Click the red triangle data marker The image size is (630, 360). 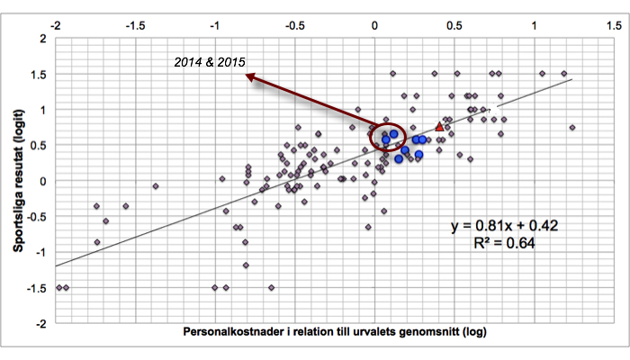pyautogui.click(x=439, y=128)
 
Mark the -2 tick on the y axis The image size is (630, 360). pyautogui.click(x=40, y=322)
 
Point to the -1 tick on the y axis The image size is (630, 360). pyautogui.click(x=40, y=251)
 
